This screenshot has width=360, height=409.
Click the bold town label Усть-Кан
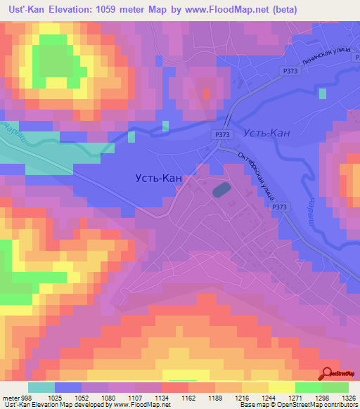point(158,178)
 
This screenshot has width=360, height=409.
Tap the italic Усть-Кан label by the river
point(266,133)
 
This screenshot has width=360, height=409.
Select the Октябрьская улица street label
point(255,175)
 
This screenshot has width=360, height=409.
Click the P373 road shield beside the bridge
point(221,134)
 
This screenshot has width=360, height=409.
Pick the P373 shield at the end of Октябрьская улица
point(279,207)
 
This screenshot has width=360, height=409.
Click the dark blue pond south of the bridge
point(221,190)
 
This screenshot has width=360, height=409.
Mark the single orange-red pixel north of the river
point(206,93)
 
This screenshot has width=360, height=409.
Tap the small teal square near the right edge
point(322,93)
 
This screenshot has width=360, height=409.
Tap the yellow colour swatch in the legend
point(281,387)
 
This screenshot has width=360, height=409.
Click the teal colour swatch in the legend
point(41,387)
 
